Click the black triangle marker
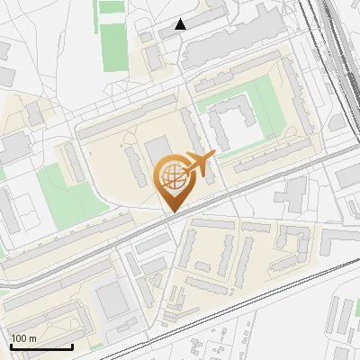coord(180,24)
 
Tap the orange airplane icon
coord(198,166)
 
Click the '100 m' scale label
coord(23,338)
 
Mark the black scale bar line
coord(41,346)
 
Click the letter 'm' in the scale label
coord(32,338)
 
